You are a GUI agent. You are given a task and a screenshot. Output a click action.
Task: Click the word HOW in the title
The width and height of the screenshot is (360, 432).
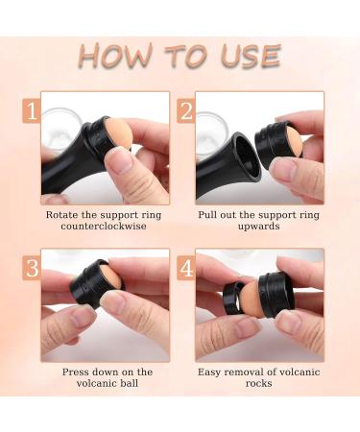click(115, 56)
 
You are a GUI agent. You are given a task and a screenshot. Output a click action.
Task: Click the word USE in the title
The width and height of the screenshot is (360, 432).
click(251, 57)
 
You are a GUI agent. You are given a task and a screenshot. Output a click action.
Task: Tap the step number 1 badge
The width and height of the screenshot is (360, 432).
click(32, 111)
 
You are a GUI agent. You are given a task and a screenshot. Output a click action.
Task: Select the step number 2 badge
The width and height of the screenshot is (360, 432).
click(186, 111)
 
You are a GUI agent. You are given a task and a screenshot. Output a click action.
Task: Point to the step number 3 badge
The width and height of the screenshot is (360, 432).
click(32, 268)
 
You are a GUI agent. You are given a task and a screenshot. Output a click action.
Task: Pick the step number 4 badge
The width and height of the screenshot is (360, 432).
click(186, 268)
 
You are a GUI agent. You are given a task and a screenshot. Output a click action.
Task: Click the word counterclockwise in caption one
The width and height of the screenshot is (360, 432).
click(104, 227)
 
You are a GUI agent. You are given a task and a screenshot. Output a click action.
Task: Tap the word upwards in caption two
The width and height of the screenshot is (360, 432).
click(258, 227)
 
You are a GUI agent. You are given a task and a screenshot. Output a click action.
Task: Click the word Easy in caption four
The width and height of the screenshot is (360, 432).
click(209, 372)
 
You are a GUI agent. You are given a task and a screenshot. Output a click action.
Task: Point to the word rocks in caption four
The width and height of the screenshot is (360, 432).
click(258, 383)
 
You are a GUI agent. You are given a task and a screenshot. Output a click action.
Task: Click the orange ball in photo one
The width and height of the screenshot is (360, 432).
click(118, 133)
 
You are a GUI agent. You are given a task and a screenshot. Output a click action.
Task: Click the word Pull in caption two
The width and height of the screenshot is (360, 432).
click(206, 214)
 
